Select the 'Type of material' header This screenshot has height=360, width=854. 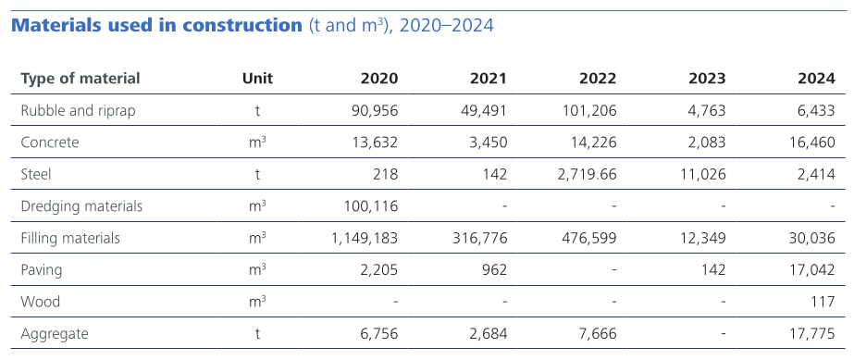point(80,79)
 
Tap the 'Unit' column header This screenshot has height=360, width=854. point(257,79)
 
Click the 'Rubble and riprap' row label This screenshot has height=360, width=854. point(78,111)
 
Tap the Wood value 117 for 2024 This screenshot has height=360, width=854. point(823,301)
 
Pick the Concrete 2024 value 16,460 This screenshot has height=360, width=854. point(811,143)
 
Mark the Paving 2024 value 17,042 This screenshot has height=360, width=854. point(811,269)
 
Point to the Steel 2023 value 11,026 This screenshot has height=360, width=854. point(701,174)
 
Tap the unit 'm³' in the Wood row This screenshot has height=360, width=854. point(257,301)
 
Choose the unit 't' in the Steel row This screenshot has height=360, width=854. point(257,174)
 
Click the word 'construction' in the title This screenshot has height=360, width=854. point(240,25)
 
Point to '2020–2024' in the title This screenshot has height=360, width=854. point(448,25)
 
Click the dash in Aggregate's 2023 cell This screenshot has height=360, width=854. point(723,333)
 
